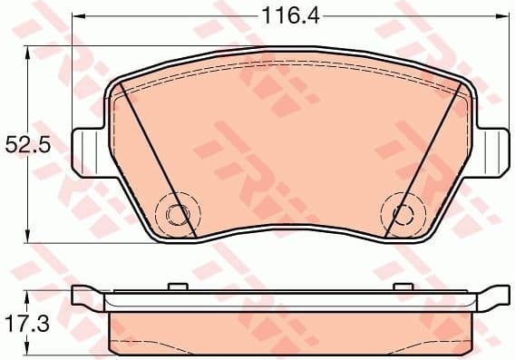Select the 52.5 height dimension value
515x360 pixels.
click(25, 144)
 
